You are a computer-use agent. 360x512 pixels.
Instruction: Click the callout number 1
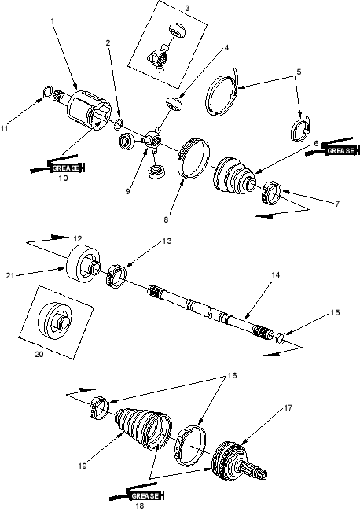[53, 21]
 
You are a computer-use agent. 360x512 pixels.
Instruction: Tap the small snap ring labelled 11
[48, 91]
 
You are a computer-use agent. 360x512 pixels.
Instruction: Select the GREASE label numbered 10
[66, 168]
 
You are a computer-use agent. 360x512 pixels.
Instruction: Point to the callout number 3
[187, 8]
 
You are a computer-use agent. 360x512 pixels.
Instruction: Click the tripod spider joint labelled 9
[152, 141]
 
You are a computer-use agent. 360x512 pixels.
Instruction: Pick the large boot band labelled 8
[193, 159]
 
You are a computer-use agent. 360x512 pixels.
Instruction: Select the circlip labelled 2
[118, 124]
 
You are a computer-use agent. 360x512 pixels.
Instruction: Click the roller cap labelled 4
[173, 104]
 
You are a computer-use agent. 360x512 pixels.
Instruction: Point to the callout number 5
[299, 72]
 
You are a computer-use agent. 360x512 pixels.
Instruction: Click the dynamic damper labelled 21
[83, 263]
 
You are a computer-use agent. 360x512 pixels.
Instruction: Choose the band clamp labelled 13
[116, 277]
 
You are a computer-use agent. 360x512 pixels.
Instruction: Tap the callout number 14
[275, 275]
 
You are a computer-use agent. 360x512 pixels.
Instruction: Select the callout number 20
[39, 354]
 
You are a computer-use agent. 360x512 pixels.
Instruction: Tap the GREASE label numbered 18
[145, 496]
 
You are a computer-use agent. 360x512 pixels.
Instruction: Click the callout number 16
[232, 375]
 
